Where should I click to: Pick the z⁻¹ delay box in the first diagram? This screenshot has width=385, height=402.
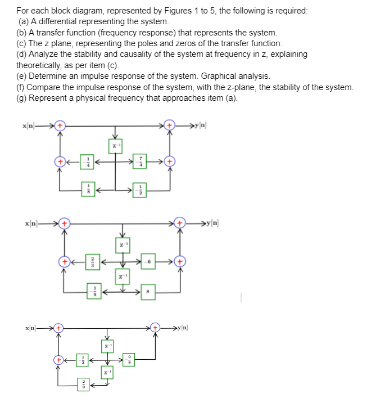tap(115, 145)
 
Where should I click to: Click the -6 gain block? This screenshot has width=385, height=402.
tap(148, 261)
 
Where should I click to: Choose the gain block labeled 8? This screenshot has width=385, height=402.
tap(148, 291)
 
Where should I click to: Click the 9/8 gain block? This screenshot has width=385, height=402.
tap(132, 359)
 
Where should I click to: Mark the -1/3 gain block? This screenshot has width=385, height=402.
tap(83, 359)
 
